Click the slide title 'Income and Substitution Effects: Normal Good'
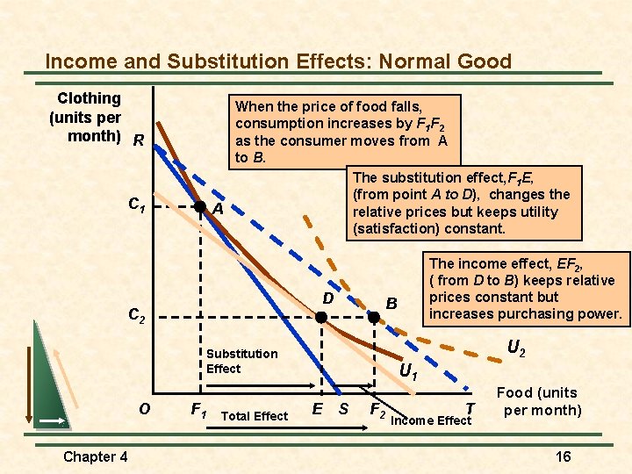(278, 61)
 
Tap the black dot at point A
(200, 207)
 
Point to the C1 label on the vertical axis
(137, 205)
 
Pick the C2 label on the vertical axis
(137, 314)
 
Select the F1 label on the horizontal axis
(199, 409)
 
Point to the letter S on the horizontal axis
(343, 409)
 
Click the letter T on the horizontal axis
(470, 408)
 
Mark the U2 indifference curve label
(517, 348)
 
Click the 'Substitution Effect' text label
(241, 361)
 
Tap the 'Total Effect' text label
(255, 416)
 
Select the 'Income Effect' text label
(430, 420)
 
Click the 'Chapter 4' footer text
(96, 456)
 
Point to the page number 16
(564, 456)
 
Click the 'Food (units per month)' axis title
(538, 401)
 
